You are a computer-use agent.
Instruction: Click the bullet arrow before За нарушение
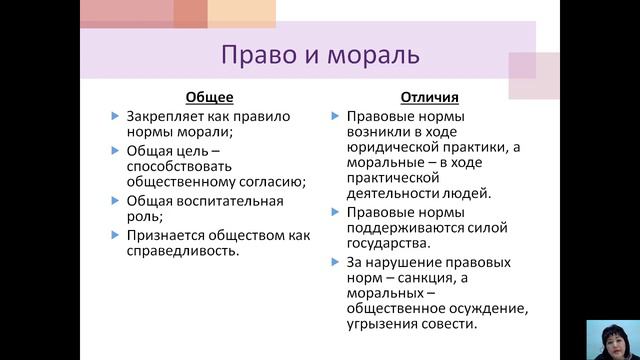[336, 263]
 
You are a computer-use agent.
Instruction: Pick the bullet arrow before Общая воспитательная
[116, 202]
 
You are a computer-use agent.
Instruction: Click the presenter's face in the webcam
[608, 334]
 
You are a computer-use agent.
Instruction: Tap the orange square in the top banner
[189, 13]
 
